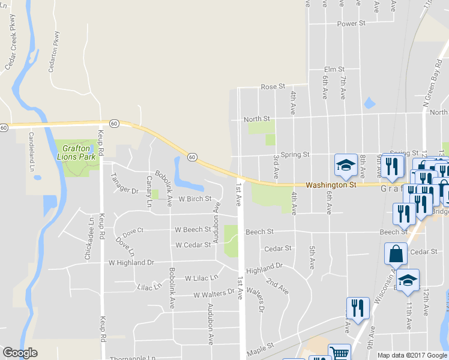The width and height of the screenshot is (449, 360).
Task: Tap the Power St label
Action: coord(351,23)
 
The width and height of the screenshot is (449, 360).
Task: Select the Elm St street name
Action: coord(334,70)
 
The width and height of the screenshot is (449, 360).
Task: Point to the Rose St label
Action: coord(273,87)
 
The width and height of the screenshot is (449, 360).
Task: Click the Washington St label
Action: coord(331,185)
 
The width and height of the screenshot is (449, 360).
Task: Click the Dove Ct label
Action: coord(133,230)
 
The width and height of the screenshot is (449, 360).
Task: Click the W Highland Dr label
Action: coord(131,263)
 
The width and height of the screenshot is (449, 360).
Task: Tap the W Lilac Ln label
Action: coord(201,278)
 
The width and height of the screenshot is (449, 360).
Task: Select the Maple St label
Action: coord(259,346)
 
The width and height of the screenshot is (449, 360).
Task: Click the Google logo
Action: coord(20,353)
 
